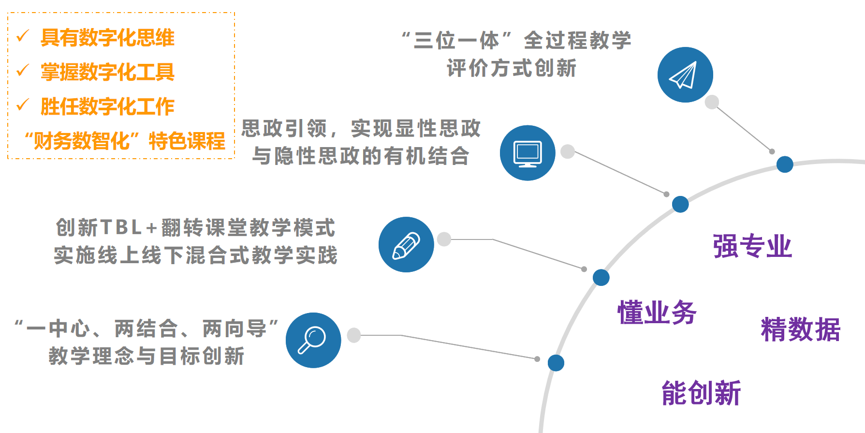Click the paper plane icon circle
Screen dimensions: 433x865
click(x=685, y=75)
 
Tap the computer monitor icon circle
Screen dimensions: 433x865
click(x=528, y=153)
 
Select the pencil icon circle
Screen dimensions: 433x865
click(x=406, y=245)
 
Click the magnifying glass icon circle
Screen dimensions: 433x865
click(x=313, y=340)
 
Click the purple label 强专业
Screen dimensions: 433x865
click(x=752, y=246)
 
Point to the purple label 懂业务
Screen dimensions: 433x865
click(x=657, y=312)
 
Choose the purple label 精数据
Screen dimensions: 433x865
click(x=800, y=329)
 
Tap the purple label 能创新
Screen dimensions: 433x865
click(x=701, y=392)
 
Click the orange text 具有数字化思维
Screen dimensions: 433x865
click(x=107, y=38)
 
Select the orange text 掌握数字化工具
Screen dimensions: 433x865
click(x=107, y=72)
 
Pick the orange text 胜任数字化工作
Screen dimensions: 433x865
click(x=107, y=106)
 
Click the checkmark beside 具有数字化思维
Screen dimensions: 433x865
click(x=23, y=36)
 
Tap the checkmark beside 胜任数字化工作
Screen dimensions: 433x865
click(x=23, y=105)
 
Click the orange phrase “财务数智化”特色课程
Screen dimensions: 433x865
click(x=125, y=141)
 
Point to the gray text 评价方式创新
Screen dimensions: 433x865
click(x=512, y=68)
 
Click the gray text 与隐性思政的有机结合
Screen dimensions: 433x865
click(x=361, y=156)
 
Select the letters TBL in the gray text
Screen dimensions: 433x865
click(x=121, y=227)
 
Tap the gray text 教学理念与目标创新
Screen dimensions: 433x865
click(x=147, y=356)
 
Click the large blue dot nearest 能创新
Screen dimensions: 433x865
click(x=556, y=363)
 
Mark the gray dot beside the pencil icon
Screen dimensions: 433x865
click(x=444, y=239)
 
